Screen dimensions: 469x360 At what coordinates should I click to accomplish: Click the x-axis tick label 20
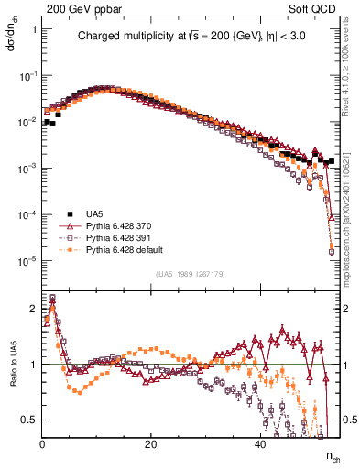pyautogui.click(x=151, y=443)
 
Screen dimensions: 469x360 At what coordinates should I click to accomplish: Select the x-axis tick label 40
pyautogui.click(x=260, y=443)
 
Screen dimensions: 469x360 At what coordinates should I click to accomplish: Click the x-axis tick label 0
pyautogui.click(x=43, y=443)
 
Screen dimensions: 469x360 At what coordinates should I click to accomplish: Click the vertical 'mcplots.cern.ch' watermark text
pyautogui.click(x=351, y=211)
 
